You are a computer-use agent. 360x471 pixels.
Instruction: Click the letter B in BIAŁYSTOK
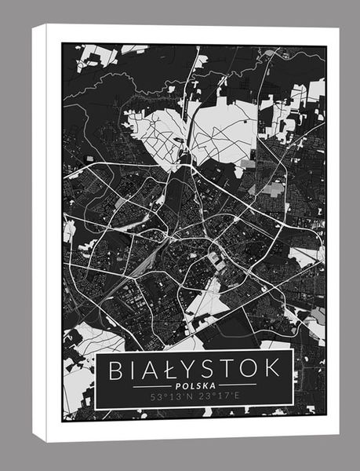tap(116, 368)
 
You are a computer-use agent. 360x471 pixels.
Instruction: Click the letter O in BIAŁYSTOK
tap(252, 368)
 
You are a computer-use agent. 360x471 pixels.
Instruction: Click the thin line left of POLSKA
tap(151, 386)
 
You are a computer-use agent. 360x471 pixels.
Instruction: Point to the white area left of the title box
tap(78, 385)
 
